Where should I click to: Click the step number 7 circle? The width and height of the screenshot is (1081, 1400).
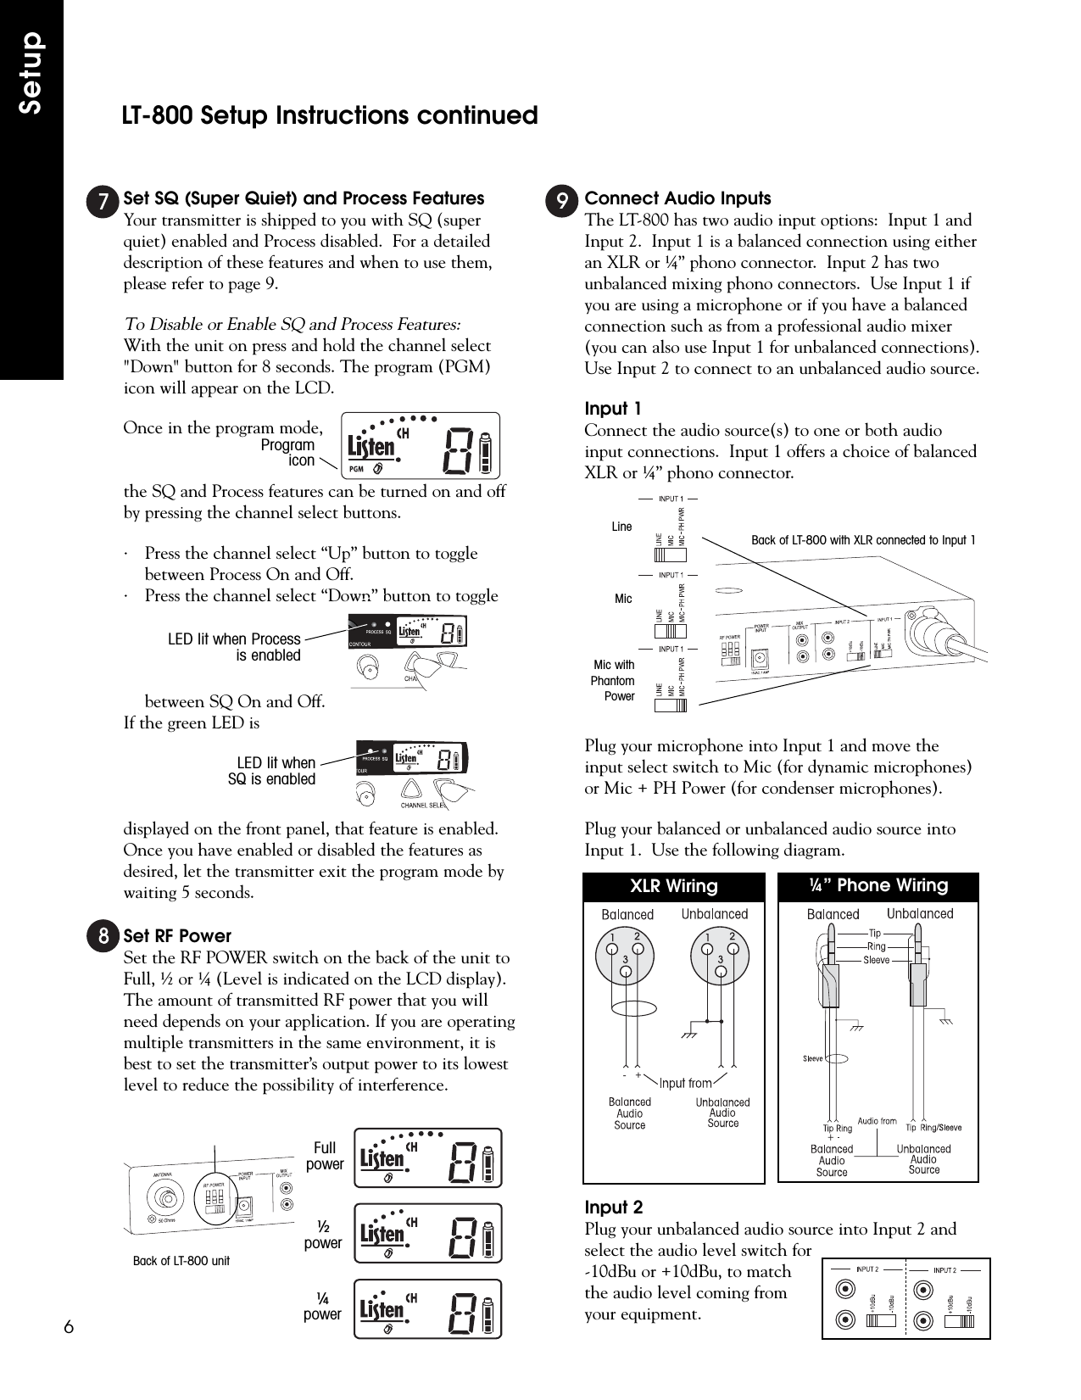(103, 201)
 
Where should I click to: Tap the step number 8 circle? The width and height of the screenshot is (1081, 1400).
(103, 936)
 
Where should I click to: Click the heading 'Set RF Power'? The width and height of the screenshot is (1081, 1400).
(177, 936)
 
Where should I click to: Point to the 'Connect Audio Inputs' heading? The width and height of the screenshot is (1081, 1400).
(678, 198)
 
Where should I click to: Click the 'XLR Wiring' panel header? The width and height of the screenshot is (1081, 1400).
(673, 886)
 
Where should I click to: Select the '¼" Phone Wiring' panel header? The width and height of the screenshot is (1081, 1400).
(878, 886)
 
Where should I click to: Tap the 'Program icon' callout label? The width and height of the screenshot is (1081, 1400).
(287, 453)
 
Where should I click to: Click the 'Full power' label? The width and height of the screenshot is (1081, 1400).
(325, 1156)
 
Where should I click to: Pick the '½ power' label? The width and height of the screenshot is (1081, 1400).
(323, 1235)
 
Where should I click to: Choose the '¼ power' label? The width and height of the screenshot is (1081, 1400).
(322, 1306)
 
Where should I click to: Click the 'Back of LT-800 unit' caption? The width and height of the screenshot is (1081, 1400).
(181, 1261)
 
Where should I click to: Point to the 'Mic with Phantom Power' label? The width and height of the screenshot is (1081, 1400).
(613, 681)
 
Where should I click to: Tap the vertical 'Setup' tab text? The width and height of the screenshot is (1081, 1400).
(31, 74)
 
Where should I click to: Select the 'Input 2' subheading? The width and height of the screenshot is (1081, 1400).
(614, 1208)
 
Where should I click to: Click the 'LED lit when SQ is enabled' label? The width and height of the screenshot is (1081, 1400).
(272, 771)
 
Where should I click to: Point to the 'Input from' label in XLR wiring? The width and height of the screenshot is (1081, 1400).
(685, 1083)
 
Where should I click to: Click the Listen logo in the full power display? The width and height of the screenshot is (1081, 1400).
(382, 1157)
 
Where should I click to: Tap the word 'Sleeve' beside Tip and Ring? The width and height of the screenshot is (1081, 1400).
(876, 960)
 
